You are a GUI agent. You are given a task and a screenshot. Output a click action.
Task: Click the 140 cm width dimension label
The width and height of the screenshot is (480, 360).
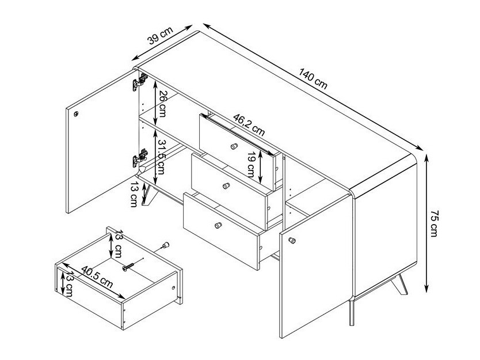pyautogui.click(x=313, y=79)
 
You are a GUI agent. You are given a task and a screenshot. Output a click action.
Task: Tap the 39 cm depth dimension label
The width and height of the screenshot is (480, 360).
pyautogui.click(x=160, y=36)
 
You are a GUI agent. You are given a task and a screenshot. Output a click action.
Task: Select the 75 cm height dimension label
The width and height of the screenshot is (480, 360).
pyautogui.click(x=435, y=223)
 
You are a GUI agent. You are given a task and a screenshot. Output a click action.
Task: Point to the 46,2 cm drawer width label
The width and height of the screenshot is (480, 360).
pyautogui.click(x=249, y=124)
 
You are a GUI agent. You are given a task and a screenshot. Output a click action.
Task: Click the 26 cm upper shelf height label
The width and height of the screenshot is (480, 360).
pyautogui.click(x=162, y=104)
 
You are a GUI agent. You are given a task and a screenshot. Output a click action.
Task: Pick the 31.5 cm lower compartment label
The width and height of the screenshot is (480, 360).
pyautogui.click(x=161, y=157)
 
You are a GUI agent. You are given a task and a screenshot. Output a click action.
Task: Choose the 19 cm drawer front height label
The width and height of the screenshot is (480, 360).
pyautogui.click(x=251, y=165)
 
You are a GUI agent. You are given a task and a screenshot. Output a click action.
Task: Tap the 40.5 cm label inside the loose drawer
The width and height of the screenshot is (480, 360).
pyautogui.click(x=97, y=277)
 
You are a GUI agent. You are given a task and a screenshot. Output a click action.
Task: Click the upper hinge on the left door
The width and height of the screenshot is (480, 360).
pyautogui.click(x=140, y=81)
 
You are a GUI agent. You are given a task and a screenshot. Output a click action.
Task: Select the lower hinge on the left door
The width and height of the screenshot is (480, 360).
pyautogui.click(x=140, y=157)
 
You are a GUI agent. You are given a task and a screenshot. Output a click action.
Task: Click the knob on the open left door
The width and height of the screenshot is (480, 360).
pyautogui.click(x=76, y=114)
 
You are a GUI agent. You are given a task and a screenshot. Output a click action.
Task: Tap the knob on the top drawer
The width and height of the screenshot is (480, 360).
pyautogui.click(x=234, y=146)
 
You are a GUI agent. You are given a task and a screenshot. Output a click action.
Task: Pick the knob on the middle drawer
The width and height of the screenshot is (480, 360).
pyautogui.click(x=226, y=185)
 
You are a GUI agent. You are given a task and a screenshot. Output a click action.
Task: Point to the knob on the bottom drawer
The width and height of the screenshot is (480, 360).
pyautogui.click(x=218, y=225)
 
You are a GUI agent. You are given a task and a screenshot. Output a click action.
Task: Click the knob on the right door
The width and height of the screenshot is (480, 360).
pyautogui.click(x=292, y=240)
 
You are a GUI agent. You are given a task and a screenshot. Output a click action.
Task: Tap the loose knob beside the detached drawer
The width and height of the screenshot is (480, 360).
pyautogui.click(x=165, y=245)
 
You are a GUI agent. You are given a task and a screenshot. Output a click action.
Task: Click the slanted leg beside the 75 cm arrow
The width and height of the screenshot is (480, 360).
pyautogui.click(x=399, y=285)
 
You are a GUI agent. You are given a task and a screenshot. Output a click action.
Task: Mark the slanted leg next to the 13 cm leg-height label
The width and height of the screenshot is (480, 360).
pyautogui.click(x=149, y=195)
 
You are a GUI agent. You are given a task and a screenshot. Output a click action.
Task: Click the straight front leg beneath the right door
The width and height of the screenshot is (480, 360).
pyautogui.click(x=352, y=313)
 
